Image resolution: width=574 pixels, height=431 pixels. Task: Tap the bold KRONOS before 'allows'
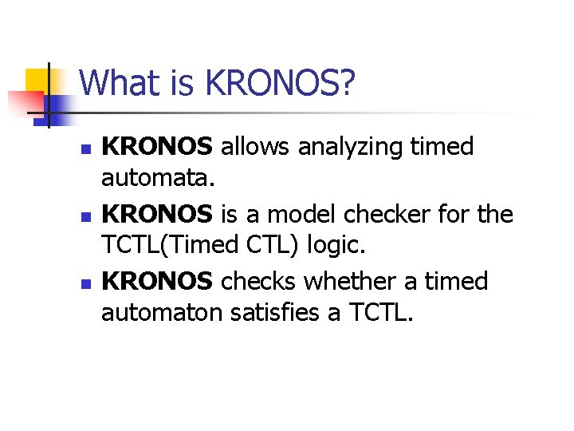[x=158, y=147]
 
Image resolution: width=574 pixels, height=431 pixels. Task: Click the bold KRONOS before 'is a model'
[x=158, y=215]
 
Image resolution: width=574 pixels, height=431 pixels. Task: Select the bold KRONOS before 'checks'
[x=158, y=282]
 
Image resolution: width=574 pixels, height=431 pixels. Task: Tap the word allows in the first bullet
[x=246, y=147]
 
